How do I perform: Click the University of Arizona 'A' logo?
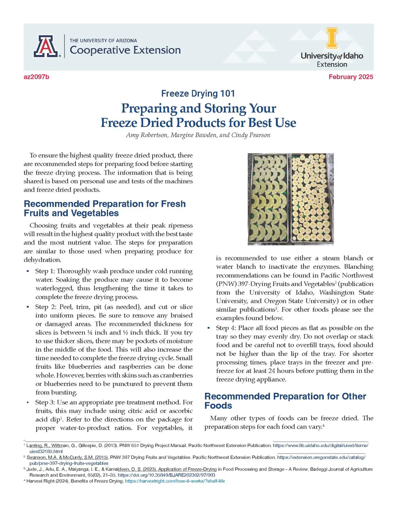coord(47,46)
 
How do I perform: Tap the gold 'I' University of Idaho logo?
coord(332,38)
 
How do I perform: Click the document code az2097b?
coord(37,77)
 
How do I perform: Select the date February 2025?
coord(350,77)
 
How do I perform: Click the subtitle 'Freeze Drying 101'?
coord(198,94)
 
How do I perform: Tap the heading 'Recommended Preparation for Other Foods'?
coord(285,401)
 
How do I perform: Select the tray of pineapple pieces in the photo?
coord(268,198)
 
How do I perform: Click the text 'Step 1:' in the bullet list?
coord(45,271)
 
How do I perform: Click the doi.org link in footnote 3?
coord(166,475)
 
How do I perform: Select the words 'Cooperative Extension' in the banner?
coord(125,50)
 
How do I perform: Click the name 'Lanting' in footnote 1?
coord(34,446)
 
